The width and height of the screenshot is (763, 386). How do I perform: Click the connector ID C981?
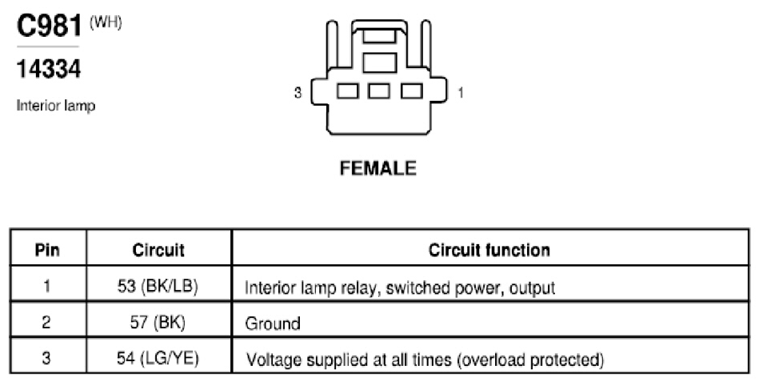pos(49,26)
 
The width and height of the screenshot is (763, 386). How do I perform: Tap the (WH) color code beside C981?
pos(106,23)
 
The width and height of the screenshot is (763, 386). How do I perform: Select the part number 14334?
pos(49,69)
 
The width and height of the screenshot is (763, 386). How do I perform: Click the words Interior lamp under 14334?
pos(56,106)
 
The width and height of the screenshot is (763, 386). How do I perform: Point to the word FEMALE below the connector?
pos(378,169)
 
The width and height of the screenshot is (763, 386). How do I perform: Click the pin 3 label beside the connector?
pos(298,92)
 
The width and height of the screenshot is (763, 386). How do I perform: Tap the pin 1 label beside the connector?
pos(461,92)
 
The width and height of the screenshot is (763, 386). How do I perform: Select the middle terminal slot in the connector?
pos(379,91)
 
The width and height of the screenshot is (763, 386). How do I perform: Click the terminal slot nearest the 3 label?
pos(348,91)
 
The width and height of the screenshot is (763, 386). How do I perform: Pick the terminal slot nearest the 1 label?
pos(412,91)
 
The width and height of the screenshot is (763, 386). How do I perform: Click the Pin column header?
pos(47,250)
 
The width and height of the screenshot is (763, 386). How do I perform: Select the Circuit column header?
pos(158,250)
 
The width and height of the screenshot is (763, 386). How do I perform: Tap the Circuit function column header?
pos(489,250)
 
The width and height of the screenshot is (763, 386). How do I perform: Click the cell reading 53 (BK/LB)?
pos(158,286)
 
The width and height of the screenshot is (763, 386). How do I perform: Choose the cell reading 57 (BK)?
pos(158,322)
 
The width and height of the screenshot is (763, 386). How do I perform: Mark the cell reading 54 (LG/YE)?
pos(158,358)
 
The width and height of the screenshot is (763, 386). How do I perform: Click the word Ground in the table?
pos(273,324)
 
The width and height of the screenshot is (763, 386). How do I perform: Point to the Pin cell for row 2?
pos(46,322)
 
